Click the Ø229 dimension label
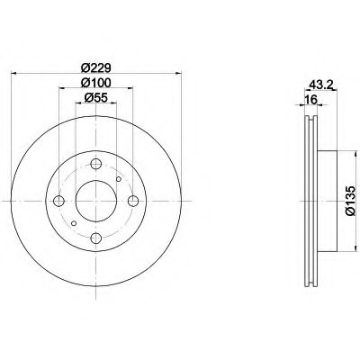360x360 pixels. [x=96, y=67]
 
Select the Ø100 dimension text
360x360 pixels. [x=96, y=83]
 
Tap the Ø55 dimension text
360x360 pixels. [x=95, y=97]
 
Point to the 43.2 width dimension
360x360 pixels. [x=321, y=85]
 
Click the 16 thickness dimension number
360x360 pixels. [x=310, y=100]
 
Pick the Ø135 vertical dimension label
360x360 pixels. [x=350, y=201]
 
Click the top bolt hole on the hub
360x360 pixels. [x=95, y=164]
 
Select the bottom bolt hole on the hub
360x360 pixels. [x=95, y=238]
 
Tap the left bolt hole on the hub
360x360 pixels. [x=58, y=201]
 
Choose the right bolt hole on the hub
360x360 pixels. [x=133, y=201]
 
